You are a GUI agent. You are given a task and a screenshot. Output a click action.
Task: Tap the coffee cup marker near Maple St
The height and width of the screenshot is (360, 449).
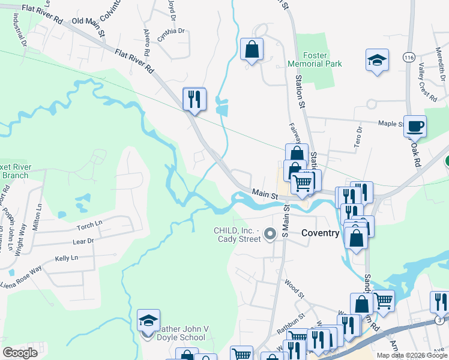(x=415, y=126)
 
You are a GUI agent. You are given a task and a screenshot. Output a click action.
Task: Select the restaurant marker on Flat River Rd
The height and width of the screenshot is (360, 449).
(x=194, y=99)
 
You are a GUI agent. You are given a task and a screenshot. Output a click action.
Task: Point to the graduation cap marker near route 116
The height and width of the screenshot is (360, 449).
(x=377, y=60)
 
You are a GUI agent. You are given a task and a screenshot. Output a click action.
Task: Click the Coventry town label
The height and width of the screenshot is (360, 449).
(x=321, y=233)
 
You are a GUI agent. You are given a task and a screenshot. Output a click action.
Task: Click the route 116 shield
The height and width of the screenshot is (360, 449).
(x=409, y=57)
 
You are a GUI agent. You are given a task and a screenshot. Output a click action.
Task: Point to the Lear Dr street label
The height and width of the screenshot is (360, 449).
(x=83, y=241)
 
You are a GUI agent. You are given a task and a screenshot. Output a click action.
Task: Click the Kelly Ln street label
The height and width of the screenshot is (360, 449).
(x=67, y=258)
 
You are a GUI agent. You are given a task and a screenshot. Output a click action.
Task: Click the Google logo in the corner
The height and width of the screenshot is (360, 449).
(x=20, y=353)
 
